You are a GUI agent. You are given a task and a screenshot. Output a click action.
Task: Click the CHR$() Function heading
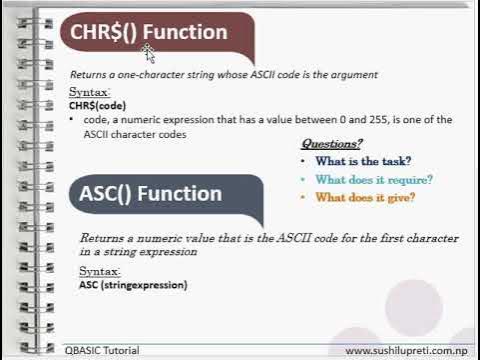coord(148,32)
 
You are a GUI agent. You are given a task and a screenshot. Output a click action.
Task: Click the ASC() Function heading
coord(150,193)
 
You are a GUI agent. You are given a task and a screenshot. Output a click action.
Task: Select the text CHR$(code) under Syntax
coord(98,104)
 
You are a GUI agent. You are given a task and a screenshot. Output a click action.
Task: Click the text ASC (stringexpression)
coord(133,285)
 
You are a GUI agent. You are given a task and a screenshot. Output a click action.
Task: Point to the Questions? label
coord(331,144)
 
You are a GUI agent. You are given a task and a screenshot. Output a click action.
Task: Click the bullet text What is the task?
coord(363,161)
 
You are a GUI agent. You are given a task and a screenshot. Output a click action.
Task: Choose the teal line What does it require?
coord(373,180)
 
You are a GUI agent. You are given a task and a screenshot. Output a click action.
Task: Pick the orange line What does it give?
coord(364,198)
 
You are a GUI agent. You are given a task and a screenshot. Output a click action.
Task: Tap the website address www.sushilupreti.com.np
coord(409,351)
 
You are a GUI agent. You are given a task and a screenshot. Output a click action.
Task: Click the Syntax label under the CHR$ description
coord(88,92)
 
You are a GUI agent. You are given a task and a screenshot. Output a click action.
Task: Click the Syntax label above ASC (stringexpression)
coord(98,272)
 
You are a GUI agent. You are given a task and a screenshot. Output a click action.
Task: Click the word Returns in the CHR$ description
coord(87,75)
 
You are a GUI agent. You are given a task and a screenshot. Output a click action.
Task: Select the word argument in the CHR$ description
coord(354,75)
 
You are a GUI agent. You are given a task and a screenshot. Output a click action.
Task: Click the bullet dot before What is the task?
coord(302,162)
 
